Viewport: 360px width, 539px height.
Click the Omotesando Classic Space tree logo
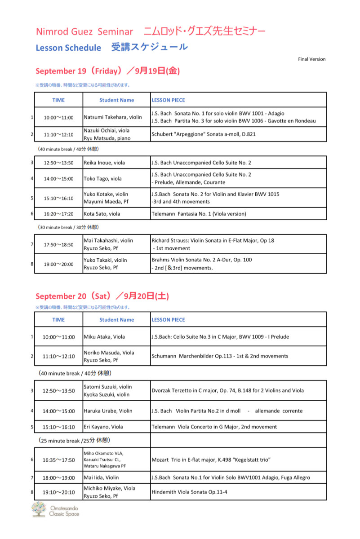[39, 510]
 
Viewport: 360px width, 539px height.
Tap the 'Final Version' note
[311, 59]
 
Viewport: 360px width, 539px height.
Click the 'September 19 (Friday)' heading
[107, 71]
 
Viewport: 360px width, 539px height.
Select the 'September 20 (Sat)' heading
[102, 296]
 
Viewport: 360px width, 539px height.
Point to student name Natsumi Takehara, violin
[113, 117]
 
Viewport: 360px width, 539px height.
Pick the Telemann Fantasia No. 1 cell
[199, 214]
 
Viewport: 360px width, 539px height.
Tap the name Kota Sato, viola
[102, 214]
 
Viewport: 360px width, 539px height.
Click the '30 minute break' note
[69, 227]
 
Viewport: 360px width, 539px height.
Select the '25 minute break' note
[74, 440]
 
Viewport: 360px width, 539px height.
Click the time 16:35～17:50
[58, 459]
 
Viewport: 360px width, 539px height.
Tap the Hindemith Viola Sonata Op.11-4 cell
[189, 492]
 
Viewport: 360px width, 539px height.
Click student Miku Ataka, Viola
[105, 336]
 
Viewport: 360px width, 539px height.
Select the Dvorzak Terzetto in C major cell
[227, 390]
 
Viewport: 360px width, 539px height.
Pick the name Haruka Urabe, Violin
[108, 411]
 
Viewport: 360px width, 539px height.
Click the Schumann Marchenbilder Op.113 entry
[220, 356]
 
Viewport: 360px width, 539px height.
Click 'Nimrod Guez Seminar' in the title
[84, 32]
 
